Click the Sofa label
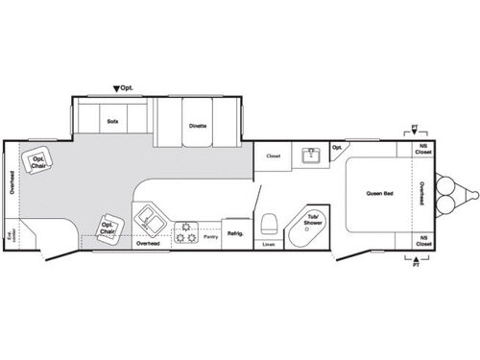112,122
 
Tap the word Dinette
198,125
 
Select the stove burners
185,230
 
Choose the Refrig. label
235,233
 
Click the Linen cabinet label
268,245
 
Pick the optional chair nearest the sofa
39,164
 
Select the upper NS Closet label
422,150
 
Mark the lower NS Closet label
422,242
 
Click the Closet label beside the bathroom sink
273,155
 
